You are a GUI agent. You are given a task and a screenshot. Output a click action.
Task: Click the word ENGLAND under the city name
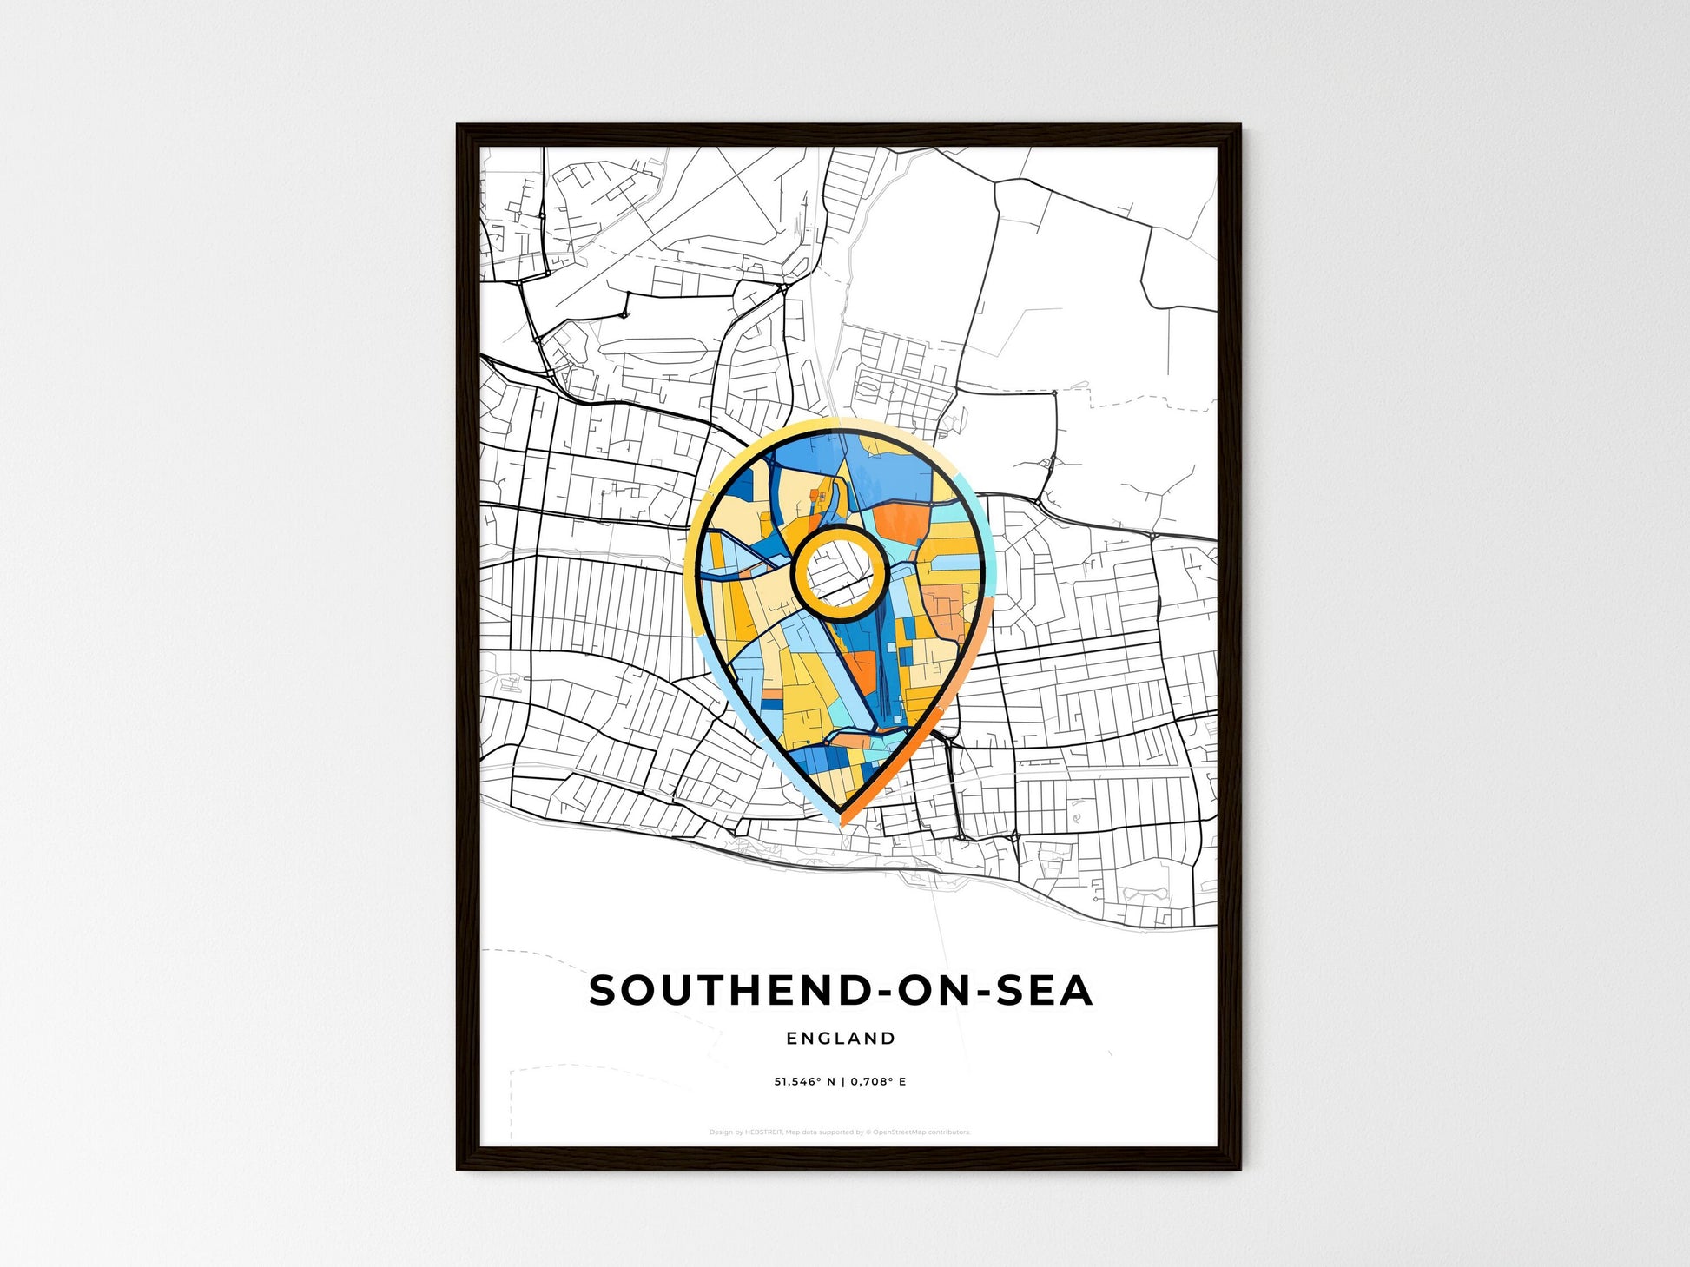(840, 1038)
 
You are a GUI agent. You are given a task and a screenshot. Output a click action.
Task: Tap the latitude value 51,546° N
(804, 1082)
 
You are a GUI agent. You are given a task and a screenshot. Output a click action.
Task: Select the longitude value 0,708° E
(878, 1082)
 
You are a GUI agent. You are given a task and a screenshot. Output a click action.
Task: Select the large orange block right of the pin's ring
(901, 523)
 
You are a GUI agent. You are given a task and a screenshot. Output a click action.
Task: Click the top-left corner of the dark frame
(460, 128)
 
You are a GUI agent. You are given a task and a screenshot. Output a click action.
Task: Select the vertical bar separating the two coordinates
(842, 1082)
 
